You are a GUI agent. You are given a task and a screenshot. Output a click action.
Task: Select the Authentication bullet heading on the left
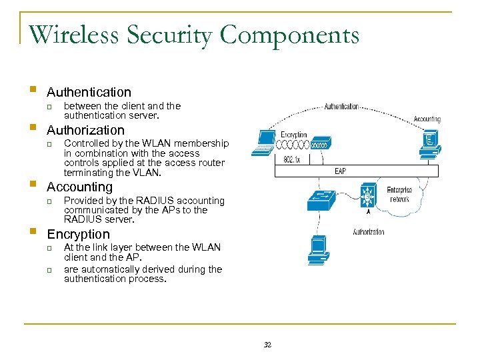coord(89,92)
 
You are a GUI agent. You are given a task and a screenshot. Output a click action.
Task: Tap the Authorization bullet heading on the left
coord(85,130)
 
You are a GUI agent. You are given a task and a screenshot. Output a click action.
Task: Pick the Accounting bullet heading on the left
coord(79,187)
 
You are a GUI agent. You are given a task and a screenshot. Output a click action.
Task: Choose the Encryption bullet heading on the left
coord(78,234)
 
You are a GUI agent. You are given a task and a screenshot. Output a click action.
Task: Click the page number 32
coord(267,345)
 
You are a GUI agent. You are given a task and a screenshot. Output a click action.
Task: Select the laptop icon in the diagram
coord(264,141)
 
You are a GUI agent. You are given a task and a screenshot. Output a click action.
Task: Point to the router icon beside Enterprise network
coord(367,197)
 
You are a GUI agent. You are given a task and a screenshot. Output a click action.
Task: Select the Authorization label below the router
coord(369,232)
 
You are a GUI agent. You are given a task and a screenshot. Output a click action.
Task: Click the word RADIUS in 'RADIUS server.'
coord(81,219)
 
